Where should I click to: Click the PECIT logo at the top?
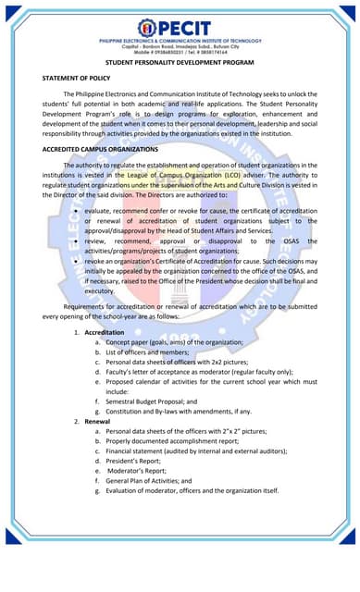pos(180,29)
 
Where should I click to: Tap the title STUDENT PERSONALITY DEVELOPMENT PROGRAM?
pos(180,63)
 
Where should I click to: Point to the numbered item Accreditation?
pos(105,331)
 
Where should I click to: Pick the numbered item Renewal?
pos(97,421)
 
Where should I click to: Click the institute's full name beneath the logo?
pos(180,42)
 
